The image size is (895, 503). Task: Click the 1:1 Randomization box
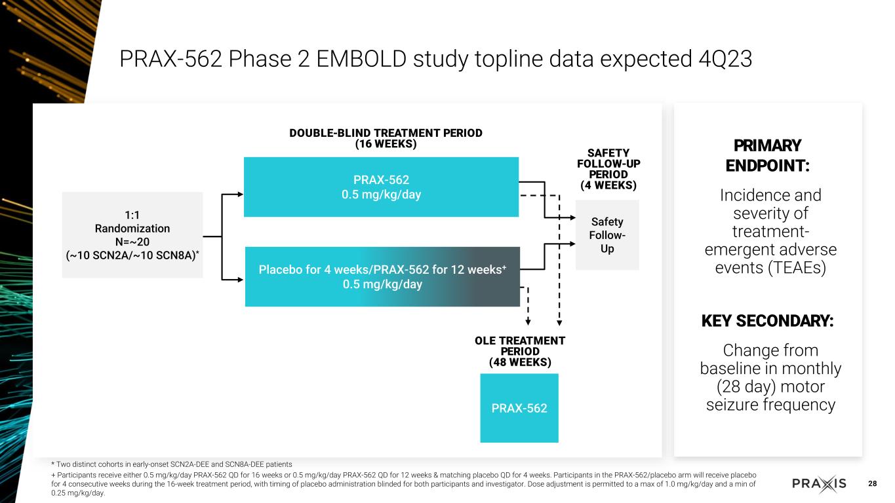coord(132,234)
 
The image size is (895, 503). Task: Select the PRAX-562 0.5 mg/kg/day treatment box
coord(381,187)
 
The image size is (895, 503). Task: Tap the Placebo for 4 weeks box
coord(382,276)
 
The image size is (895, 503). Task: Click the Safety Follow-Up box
coord(607,235)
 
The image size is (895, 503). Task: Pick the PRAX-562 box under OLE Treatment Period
coord(519,408)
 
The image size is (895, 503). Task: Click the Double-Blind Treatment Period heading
coord(386,138)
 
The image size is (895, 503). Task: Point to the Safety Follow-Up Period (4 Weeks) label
coord(608,169)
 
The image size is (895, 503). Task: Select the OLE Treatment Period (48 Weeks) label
coord(519,351)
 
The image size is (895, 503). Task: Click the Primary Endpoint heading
coord(767,155)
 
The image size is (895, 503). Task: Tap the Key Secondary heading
coord(767,321)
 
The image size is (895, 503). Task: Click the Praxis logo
coord(819,484)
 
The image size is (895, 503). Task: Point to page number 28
coord(872,484)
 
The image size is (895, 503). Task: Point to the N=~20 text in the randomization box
coord(132,242)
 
